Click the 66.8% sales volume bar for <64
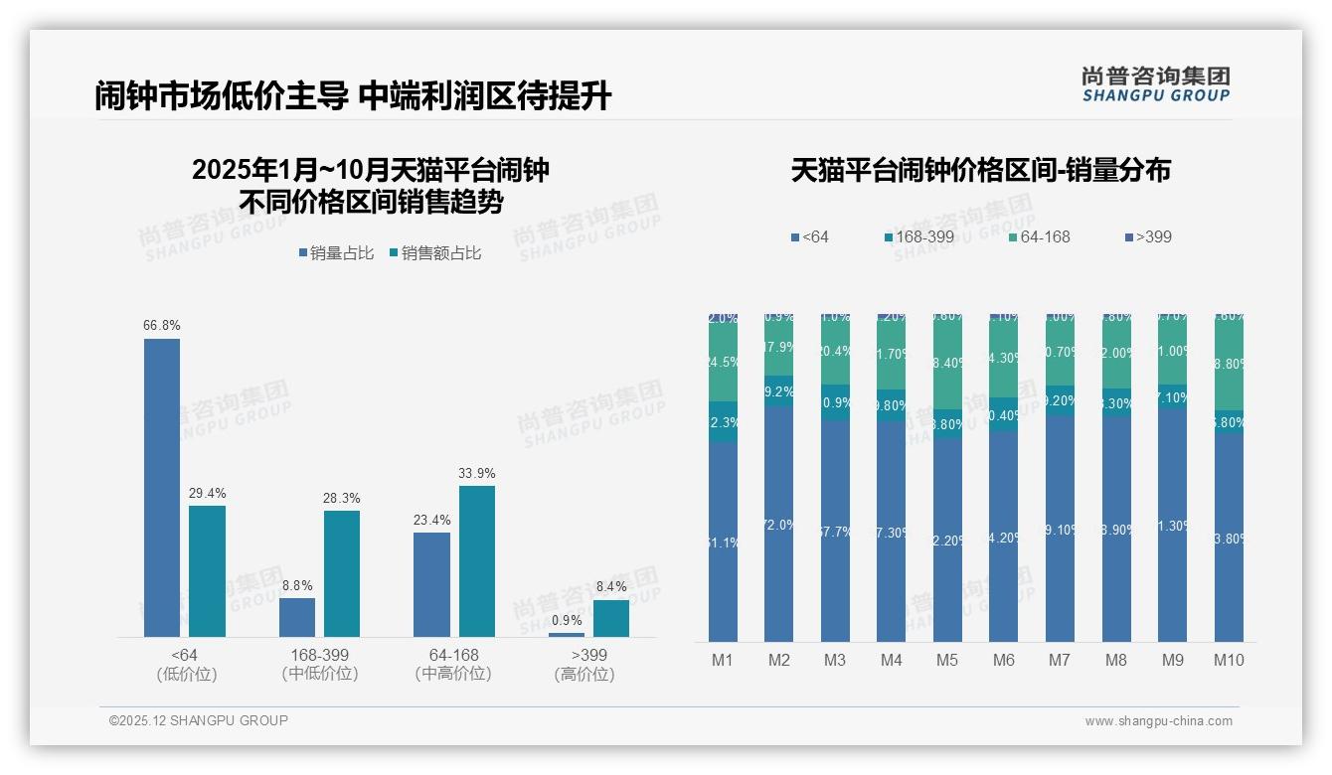162,487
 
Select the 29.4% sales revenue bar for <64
207,571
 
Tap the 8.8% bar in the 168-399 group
297,617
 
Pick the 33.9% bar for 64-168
477,561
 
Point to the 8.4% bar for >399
611,618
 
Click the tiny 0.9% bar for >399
567,634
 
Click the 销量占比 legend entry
336,253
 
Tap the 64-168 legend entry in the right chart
1038,236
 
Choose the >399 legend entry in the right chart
1148,236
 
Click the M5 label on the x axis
947,660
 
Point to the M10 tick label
1229,660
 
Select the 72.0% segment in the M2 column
778,524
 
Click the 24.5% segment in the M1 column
723,363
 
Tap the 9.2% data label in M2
778,391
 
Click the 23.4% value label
431,520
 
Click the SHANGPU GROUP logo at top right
1156,84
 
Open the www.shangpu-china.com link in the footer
1158,721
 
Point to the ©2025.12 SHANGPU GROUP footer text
199,720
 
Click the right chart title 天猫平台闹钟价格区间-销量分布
981,170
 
